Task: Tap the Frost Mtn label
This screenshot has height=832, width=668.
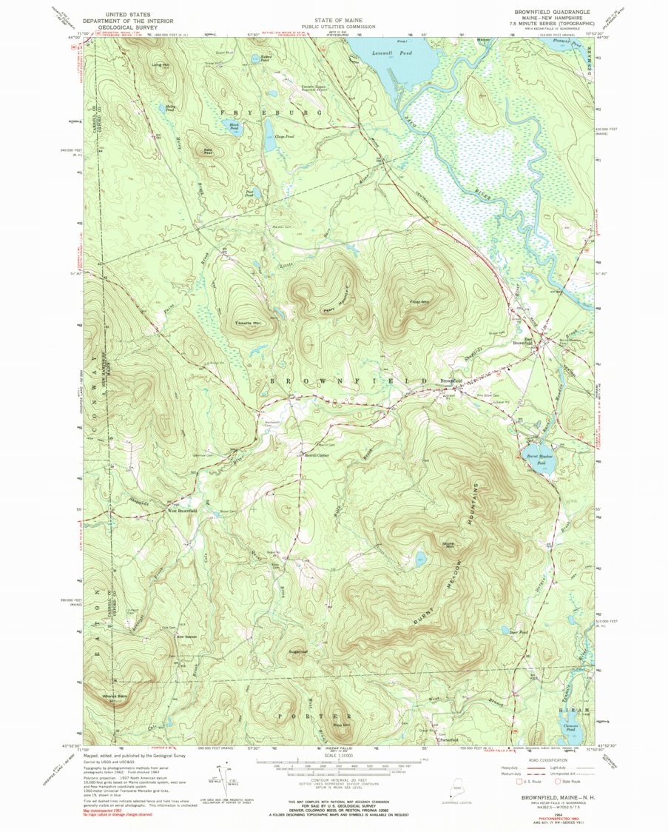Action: [x=420, y=302]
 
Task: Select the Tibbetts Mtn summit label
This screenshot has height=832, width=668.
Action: [x=247, y=323]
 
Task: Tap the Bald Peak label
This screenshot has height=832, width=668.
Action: [x=198, y=151]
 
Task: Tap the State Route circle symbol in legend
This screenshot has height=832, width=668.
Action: [x=557, y=780]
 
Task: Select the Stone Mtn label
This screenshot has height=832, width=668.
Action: [x=448, y=546]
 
